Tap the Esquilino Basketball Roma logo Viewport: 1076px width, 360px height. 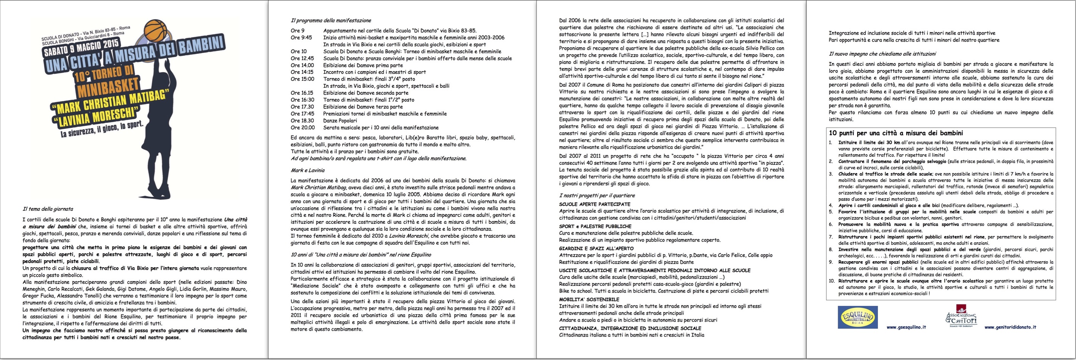pos(857,317)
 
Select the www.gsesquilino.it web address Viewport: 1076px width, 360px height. pos(906,327)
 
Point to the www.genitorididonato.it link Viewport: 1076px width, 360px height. pos(1010,327)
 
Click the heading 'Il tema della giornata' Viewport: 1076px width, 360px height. pos(48,209)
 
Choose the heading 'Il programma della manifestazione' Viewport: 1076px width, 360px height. pos(331,20)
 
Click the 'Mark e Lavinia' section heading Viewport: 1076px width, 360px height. pos(308,170)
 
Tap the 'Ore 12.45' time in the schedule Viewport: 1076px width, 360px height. pos(302,58)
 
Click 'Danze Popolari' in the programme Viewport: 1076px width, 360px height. pos(340,121)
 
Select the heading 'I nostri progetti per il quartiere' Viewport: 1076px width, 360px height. pos(597,195)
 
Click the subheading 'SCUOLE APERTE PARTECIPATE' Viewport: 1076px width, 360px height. pos(594,204)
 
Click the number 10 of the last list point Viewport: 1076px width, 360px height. pos(832,281)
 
